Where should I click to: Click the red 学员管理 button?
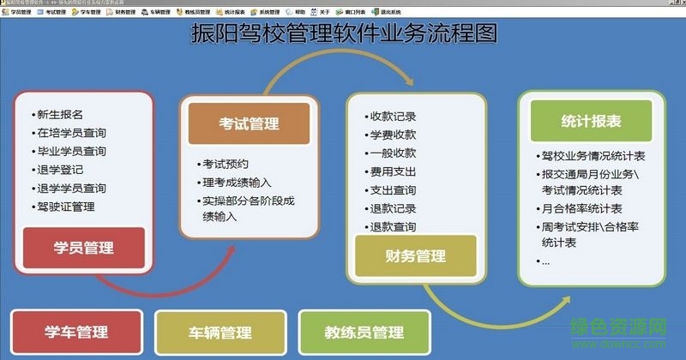pos(82,249)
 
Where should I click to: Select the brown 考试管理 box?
pos(248,124)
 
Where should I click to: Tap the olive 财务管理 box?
pos(415,255)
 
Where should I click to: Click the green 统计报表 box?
pos(590,121)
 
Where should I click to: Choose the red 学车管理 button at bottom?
pos(76,333)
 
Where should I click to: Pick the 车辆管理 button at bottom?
pos(220,333)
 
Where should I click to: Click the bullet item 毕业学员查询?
pos(71,151)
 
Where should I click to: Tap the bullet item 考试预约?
pos(225,164)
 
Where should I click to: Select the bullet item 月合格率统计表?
pos(582,208)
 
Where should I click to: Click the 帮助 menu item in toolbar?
pos(298,13)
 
